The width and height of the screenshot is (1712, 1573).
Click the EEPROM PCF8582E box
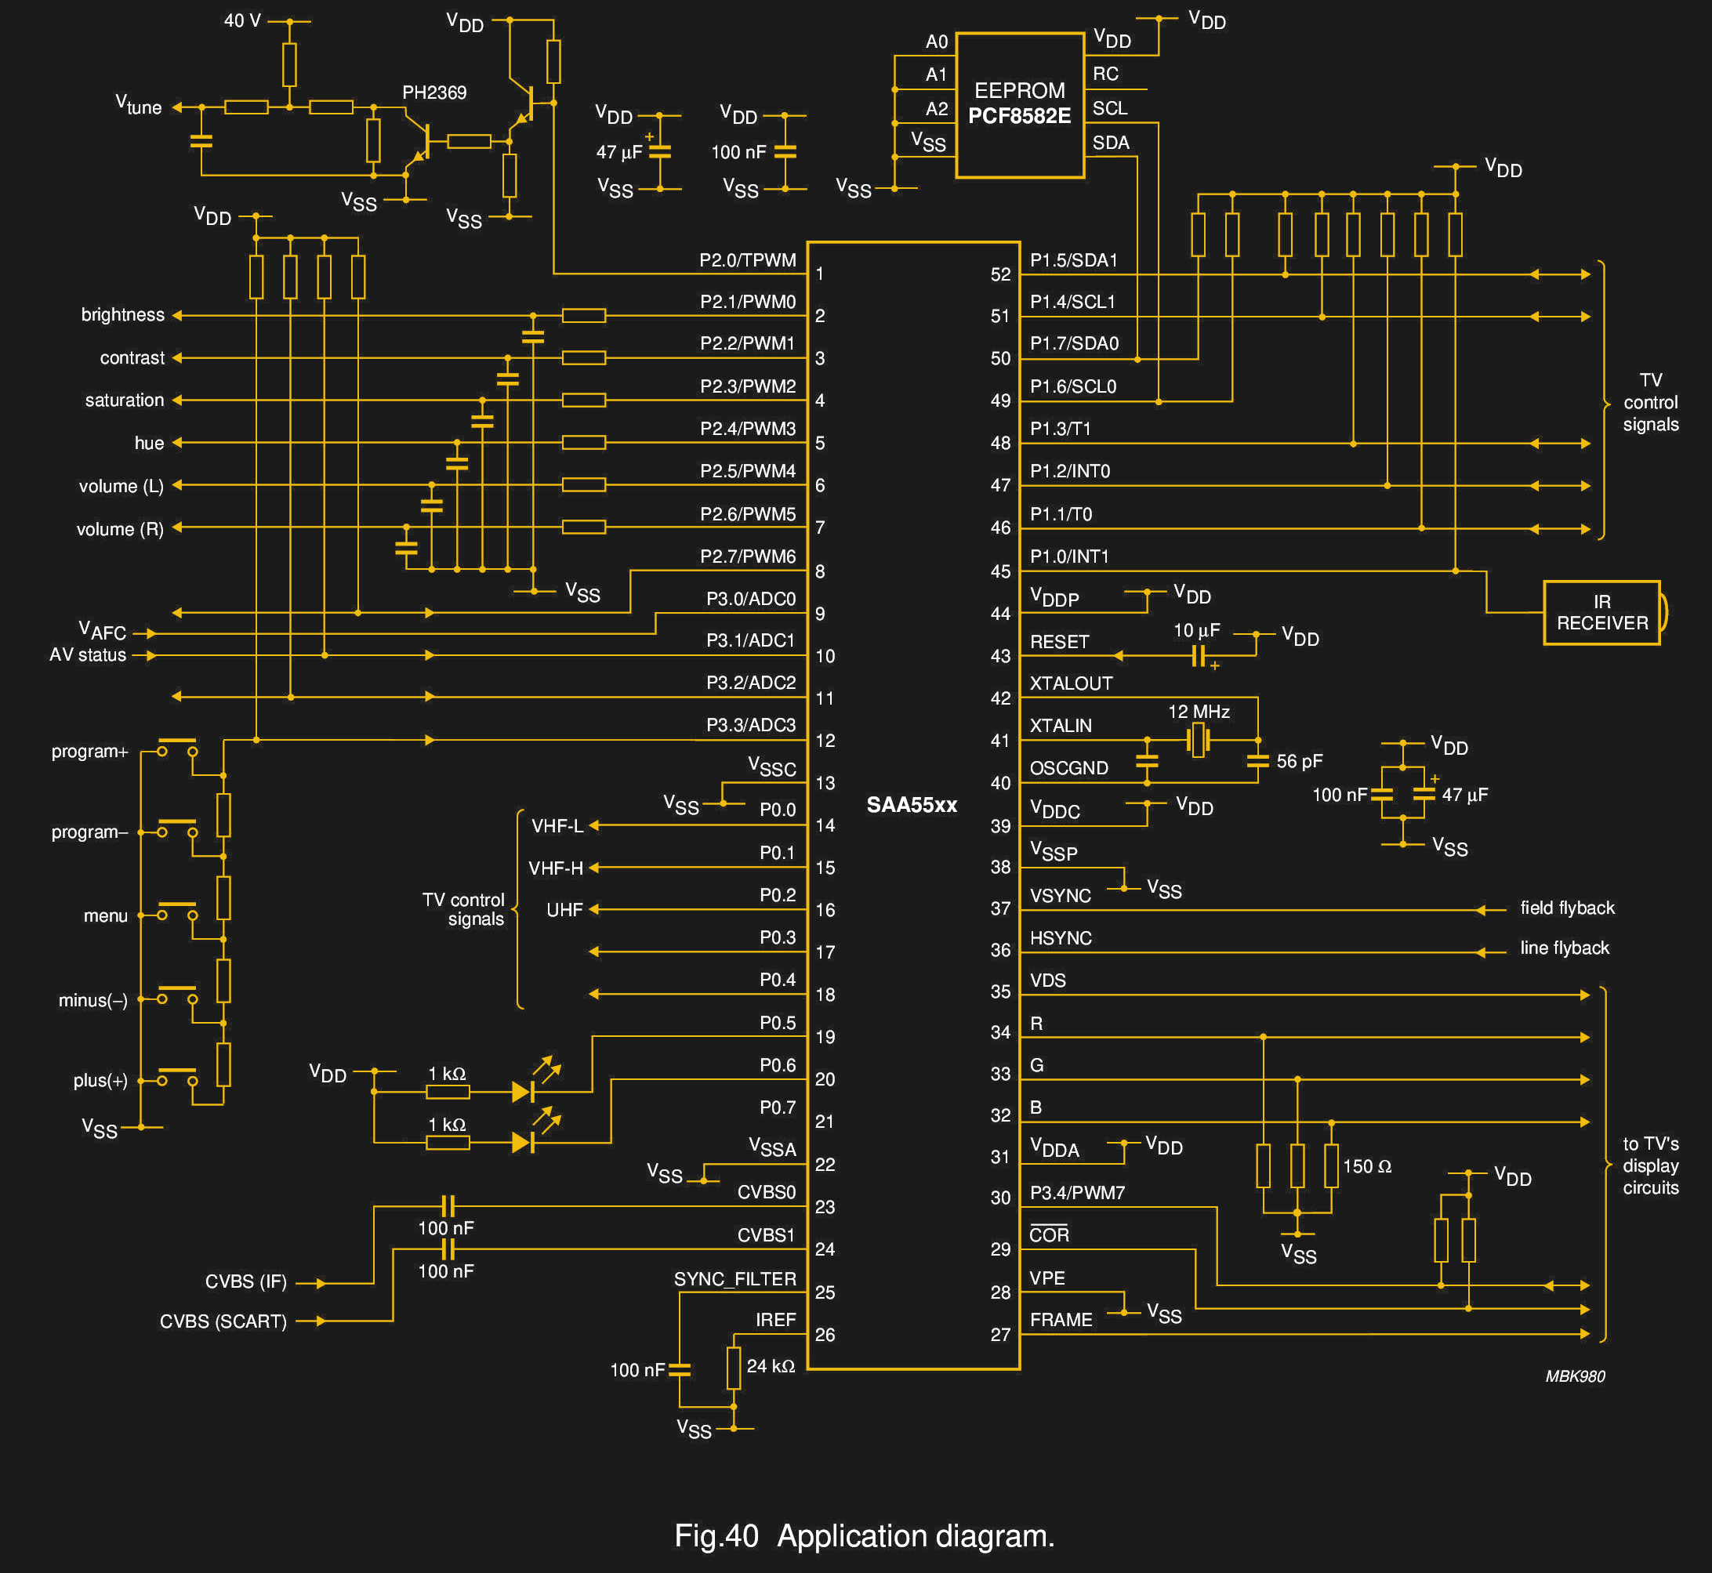(x=1019, y=105)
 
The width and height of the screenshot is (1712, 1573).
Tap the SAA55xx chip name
(x=911, y=804)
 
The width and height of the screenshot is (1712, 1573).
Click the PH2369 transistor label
(x=434, y=92)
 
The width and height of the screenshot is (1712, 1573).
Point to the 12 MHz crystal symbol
(x=1198, y=740)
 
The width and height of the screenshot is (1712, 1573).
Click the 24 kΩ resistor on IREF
(x=733, y=1367)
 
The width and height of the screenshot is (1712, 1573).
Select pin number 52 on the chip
(x=1000, y=274)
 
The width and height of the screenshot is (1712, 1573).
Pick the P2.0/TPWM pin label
(x=748, y=259)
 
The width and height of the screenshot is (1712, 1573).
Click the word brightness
(x=122, y=314)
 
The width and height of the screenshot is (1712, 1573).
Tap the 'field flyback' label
(x=1566, y=908)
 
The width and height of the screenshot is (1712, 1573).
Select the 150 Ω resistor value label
(x=1366, y=1166)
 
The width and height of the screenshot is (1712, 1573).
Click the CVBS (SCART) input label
(x=223, y=1321)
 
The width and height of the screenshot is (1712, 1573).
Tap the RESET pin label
(x=1059, y=642)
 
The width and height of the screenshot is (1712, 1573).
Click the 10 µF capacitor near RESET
(x=1198, y=654)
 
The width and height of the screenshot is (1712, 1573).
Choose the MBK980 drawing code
(x=1574, y=1376)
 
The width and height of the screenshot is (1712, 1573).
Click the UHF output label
(x=564, y=910)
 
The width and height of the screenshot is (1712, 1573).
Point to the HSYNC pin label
(x=1060, y=938)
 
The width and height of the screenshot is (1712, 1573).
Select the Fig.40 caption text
(x=864, y=1535)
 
